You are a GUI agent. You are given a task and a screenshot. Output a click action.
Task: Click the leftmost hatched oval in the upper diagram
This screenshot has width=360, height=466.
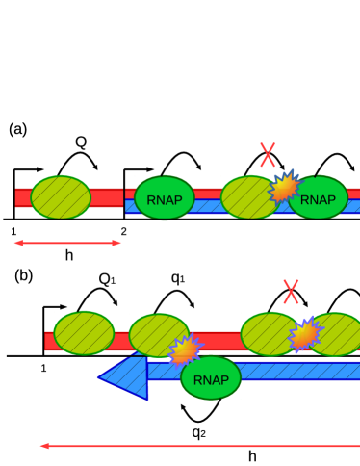(61, 196)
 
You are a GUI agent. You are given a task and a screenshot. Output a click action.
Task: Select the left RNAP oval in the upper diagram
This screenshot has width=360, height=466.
(165, 198)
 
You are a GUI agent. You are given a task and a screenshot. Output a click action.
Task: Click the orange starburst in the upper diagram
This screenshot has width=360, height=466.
(284, 188)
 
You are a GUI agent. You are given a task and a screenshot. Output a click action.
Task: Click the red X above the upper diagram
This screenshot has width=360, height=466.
(268, 155)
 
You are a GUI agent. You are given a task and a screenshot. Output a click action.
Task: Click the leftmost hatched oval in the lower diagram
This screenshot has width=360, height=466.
(84, 333)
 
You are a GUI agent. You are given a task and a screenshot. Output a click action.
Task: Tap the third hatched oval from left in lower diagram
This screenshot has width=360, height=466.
(269, 334)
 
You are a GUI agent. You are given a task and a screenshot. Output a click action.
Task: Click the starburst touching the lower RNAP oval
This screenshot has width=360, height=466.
(184, 350)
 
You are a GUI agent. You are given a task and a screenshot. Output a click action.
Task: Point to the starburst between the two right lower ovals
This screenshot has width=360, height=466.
(304, 335)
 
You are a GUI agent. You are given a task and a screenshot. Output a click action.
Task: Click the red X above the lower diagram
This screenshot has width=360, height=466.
(291, 292)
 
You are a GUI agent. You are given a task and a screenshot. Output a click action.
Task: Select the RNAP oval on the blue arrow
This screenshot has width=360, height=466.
(211, 378)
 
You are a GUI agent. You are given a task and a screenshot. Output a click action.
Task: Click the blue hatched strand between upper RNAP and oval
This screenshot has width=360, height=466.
(208, 206)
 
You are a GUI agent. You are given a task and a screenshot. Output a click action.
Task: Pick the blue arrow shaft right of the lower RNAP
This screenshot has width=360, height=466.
(298, 371)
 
